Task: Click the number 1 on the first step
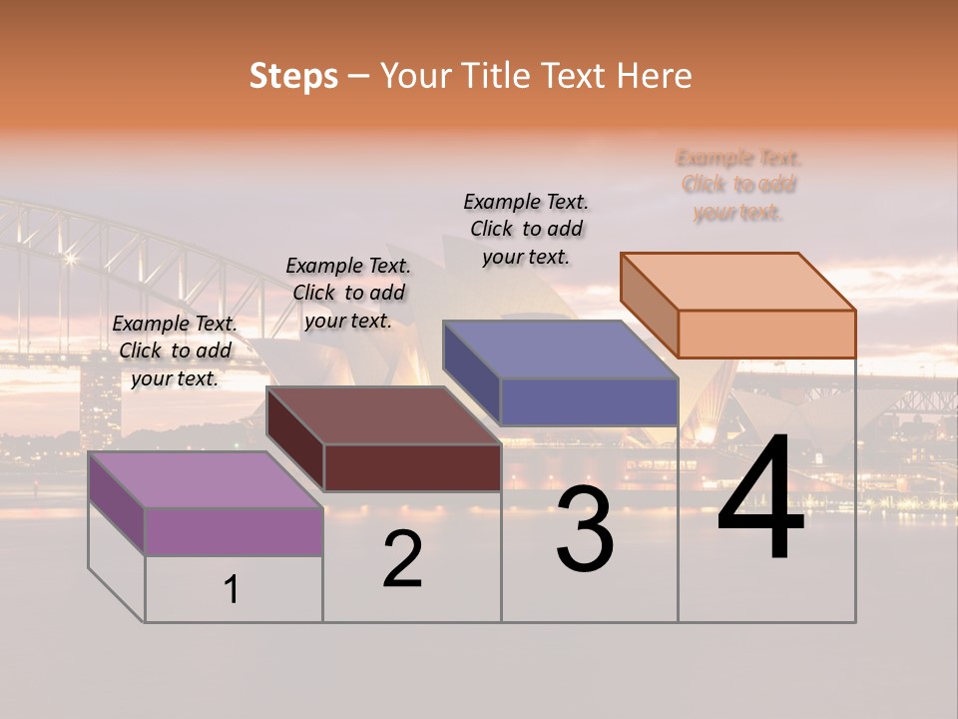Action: [232, 589]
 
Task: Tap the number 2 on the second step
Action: [402, 559]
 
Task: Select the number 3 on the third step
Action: [585, 530]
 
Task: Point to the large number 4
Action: [761, 500]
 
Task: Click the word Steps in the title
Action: [293, 76]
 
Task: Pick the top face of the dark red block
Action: [384, 415]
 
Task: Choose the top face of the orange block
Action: [738, 282]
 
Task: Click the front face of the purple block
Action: [234, 531]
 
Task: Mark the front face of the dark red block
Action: [412, 467]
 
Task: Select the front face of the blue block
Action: [589, 402]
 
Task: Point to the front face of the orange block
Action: [766, 334]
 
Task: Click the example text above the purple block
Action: [175, 352]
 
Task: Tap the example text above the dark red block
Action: [348, 294]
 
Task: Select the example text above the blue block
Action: [526, 229]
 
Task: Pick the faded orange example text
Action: [738, 185]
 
